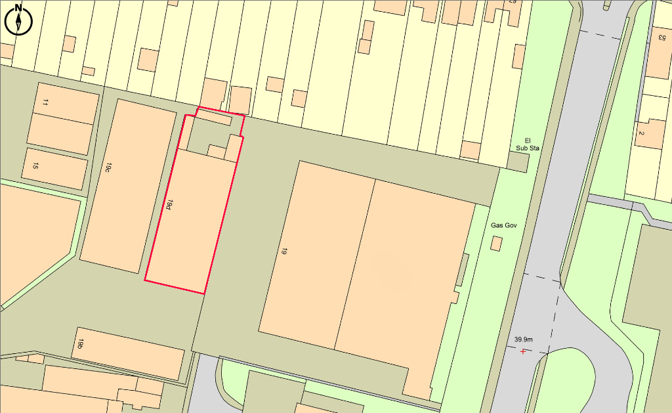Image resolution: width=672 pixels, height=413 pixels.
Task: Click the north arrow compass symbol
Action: (x=18, y=20)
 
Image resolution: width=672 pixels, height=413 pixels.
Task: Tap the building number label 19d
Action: (x=169, y=206)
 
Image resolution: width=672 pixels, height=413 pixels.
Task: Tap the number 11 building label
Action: (x=45, y=103)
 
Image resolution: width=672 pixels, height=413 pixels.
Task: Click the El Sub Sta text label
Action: (x=527, y=144)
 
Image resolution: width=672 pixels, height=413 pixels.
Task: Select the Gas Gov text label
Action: (x=504, y=225)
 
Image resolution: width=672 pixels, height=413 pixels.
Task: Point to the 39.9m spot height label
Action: (x=523, y=339)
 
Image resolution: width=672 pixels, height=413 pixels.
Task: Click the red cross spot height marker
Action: (x=523, y=352)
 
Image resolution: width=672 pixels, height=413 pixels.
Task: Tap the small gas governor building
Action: (x=497, y=244)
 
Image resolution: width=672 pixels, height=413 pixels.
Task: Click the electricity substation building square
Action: (x=518, y=162)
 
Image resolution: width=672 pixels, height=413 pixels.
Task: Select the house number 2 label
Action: (x=641, y=134)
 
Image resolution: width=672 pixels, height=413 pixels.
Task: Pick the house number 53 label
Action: (x=661, y=37)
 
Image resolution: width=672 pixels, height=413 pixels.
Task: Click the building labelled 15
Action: (x=56, y=169)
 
